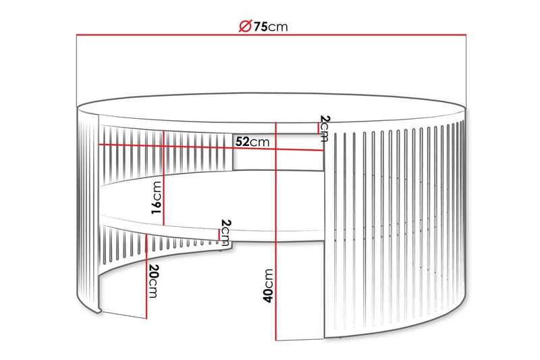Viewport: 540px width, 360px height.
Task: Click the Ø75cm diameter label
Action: [x=263, y=26]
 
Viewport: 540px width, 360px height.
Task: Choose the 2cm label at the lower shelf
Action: [x=226, y=233]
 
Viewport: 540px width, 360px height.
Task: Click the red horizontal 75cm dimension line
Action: [x=169, y=34]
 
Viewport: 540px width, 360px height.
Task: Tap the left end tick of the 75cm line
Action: [x=76, y=34]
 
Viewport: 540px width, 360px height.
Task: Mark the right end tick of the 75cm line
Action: [x=467, y=34]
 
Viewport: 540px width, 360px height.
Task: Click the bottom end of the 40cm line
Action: [x=277, y=339]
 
